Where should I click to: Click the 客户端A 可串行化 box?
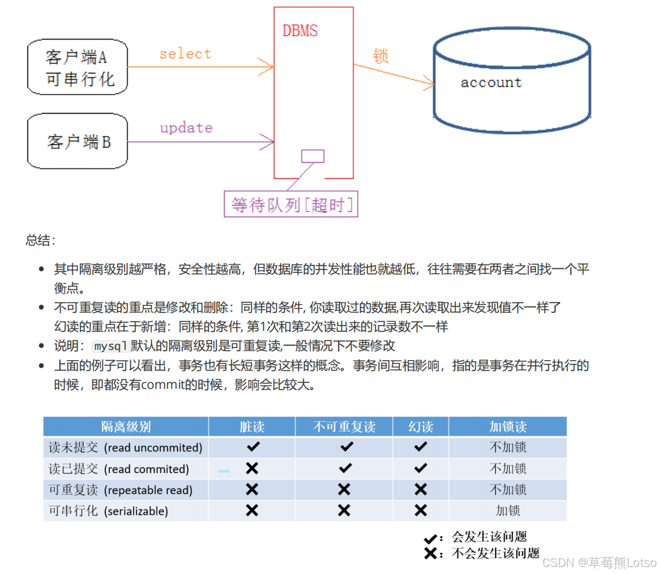77,68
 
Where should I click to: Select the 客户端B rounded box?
77,141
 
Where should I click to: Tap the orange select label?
185,54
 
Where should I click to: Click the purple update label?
186,127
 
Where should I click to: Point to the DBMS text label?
300,31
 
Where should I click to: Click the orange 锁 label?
381,56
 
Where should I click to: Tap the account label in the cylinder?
491,82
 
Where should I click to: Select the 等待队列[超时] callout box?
291,204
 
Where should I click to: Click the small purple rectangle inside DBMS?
313,156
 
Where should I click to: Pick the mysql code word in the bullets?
111,346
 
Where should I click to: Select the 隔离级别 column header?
126,427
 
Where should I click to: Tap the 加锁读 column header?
508,427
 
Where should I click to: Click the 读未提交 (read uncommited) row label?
126,448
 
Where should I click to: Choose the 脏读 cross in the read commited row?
252,469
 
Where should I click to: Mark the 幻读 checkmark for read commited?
420,469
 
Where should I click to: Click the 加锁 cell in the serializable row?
508,511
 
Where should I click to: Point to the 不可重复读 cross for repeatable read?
344,490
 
